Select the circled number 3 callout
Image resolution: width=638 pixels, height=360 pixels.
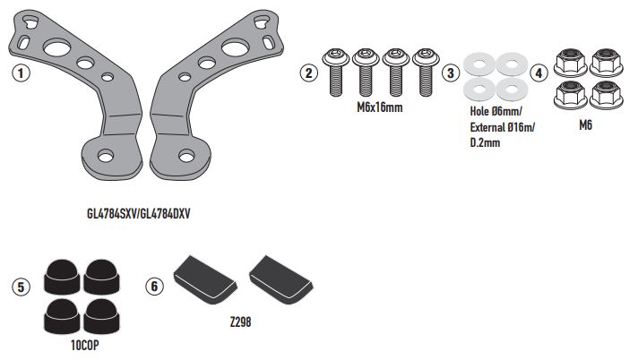click(452, 73)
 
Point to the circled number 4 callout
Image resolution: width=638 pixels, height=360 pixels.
click(537, 73)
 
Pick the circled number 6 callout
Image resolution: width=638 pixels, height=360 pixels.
click(154, 286)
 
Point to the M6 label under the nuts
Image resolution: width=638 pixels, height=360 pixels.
click(586, 126)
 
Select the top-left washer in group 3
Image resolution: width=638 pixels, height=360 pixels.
click(478, 64)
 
